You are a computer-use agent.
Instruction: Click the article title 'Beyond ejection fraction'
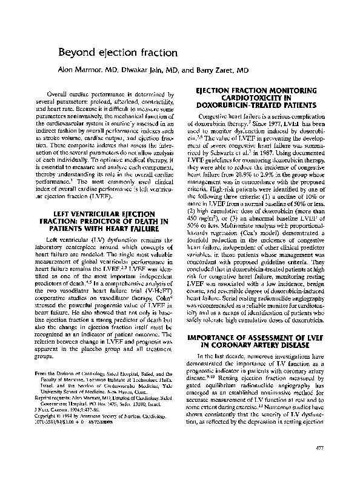coord(118,53)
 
